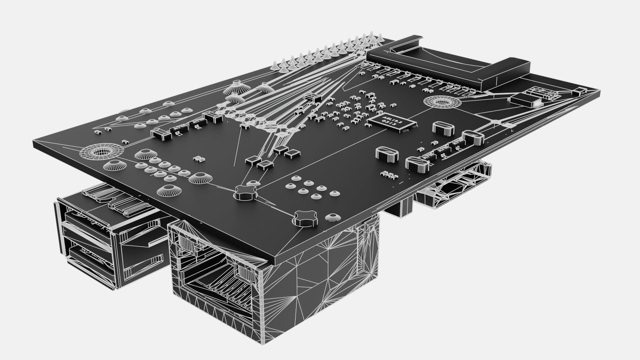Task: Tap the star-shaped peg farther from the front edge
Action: click(246, 193)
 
